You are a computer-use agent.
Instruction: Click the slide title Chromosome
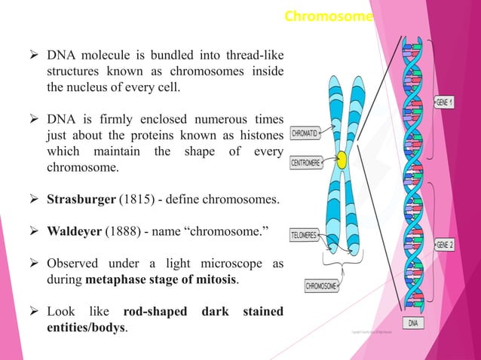point(328,16)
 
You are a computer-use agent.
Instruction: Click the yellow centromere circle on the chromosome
point(342,160)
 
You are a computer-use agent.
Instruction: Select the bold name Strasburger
point(78,200)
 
